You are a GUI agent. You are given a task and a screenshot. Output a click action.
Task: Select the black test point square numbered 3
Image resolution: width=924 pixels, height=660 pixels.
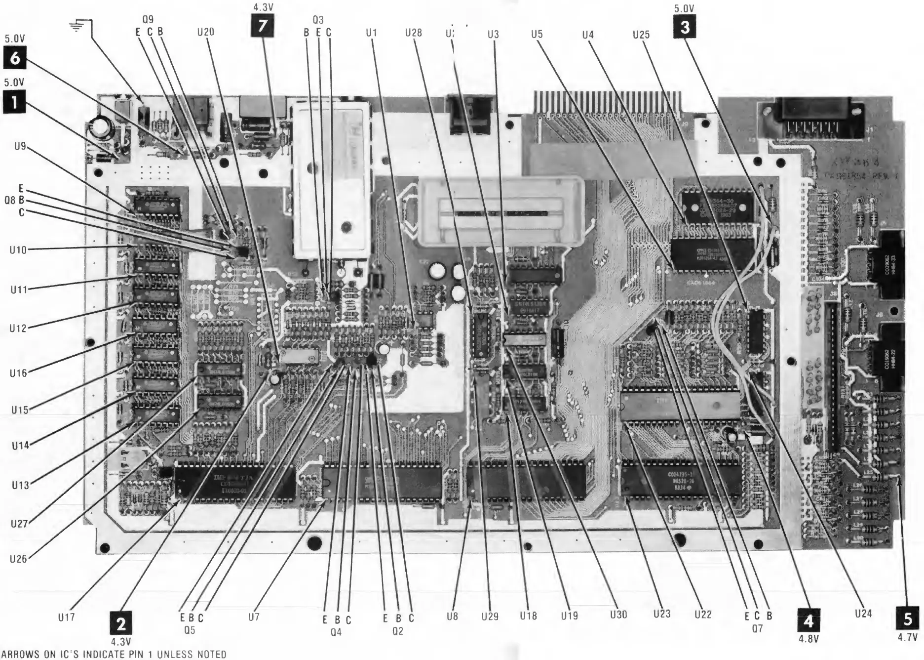coord(685,28)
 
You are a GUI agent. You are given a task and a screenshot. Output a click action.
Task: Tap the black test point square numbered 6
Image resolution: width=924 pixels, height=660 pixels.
coord(15,58)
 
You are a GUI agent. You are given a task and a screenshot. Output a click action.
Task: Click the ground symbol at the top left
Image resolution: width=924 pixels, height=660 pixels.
coord(76,27)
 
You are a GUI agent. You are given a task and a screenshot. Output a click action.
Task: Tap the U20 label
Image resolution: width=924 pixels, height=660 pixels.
coord(205,32)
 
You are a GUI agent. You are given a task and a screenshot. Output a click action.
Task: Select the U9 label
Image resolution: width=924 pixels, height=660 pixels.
coord(20,146)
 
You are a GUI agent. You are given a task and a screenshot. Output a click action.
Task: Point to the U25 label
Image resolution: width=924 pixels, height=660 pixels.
coord(641,35)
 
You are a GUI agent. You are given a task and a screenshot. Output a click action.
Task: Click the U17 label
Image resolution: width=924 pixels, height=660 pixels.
coord(66,617)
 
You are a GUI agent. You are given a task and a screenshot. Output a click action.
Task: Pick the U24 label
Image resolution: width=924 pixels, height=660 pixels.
coord(863,614)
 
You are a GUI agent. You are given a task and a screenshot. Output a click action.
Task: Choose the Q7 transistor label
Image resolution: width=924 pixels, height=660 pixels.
coord(757,628)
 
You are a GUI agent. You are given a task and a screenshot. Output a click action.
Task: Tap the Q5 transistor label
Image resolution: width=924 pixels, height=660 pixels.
coord(190,630)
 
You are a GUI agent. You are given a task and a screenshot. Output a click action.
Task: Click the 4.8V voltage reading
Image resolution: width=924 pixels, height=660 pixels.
coord(808,639)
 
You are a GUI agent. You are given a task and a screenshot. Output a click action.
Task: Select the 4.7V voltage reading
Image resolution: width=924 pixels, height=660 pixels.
coord(907,637)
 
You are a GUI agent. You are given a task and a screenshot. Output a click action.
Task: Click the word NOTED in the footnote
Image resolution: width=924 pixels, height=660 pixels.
coord(212,655)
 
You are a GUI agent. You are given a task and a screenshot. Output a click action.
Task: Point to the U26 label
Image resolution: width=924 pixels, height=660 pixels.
coord(18,559)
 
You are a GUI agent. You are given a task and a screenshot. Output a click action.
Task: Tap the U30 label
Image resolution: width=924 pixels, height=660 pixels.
coord(618,615)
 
